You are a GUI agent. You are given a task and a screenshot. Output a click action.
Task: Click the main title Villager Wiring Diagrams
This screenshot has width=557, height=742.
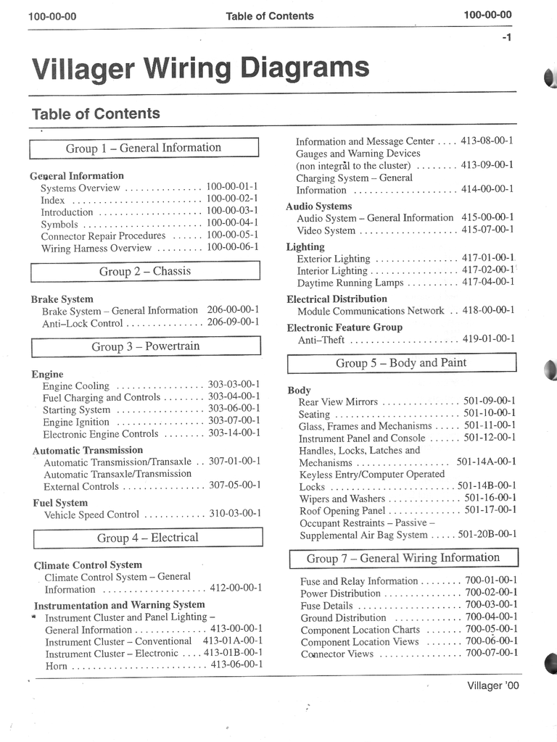[200, 69]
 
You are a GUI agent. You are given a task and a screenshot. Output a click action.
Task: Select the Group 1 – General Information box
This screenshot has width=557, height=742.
[144, 148]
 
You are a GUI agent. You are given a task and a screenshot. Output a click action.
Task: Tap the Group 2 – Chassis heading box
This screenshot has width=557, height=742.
[145, 272]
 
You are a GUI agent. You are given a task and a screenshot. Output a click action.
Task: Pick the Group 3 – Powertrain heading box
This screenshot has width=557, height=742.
[145, 346]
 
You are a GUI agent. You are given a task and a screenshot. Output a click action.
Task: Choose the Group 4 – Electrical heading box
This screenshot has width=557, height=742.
[147, 538]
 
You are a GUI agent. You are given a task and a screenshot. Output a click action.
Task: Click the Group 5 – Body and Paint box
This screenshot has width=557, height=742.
[400, 363]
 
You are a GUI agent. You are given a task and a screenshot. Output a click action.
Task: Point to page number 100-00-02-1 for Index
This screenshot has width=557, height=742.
[232, 199]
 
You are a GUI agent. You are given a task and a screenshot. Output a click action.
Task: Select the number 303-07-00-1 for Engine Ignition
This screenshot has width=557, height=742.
[234, 421]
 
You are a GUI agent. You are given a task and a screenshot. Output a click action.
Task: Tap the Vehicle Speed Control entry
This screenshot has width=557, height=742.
[91, 515]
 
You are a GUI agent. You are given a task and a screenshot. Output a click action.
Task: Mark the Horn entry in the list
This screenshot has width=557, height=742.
[56, 666]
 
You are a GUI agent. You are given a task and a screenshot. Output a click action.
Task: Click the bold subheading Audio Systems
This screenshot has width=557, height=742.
[318, 207]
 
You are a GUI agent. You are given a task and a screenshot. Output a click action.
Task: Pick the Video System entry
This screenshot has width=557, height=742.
[326, 230]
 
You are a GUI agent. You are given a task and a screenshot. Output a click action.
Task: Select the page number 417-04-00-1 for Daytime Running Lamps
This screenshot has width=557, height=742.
[488, 282]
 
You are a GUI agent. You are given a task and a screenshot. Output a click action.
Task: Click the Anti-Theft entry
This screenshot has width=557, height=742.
[321, 339]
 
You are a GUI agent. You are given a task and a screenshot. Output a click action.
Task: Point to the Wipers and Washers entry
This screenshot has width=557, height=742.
[342, 499]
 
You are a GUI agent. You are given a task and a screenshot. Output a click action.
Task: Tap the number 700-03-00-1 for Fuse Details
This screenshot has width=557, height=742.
[491, 605]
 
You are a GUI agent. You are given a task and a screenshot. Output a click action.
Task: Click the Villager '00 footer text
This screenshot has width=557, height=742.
[493, 685]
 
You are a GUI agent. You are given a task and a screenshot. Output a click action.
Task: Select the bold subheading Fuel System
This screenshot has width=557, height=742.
[60, 503]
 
